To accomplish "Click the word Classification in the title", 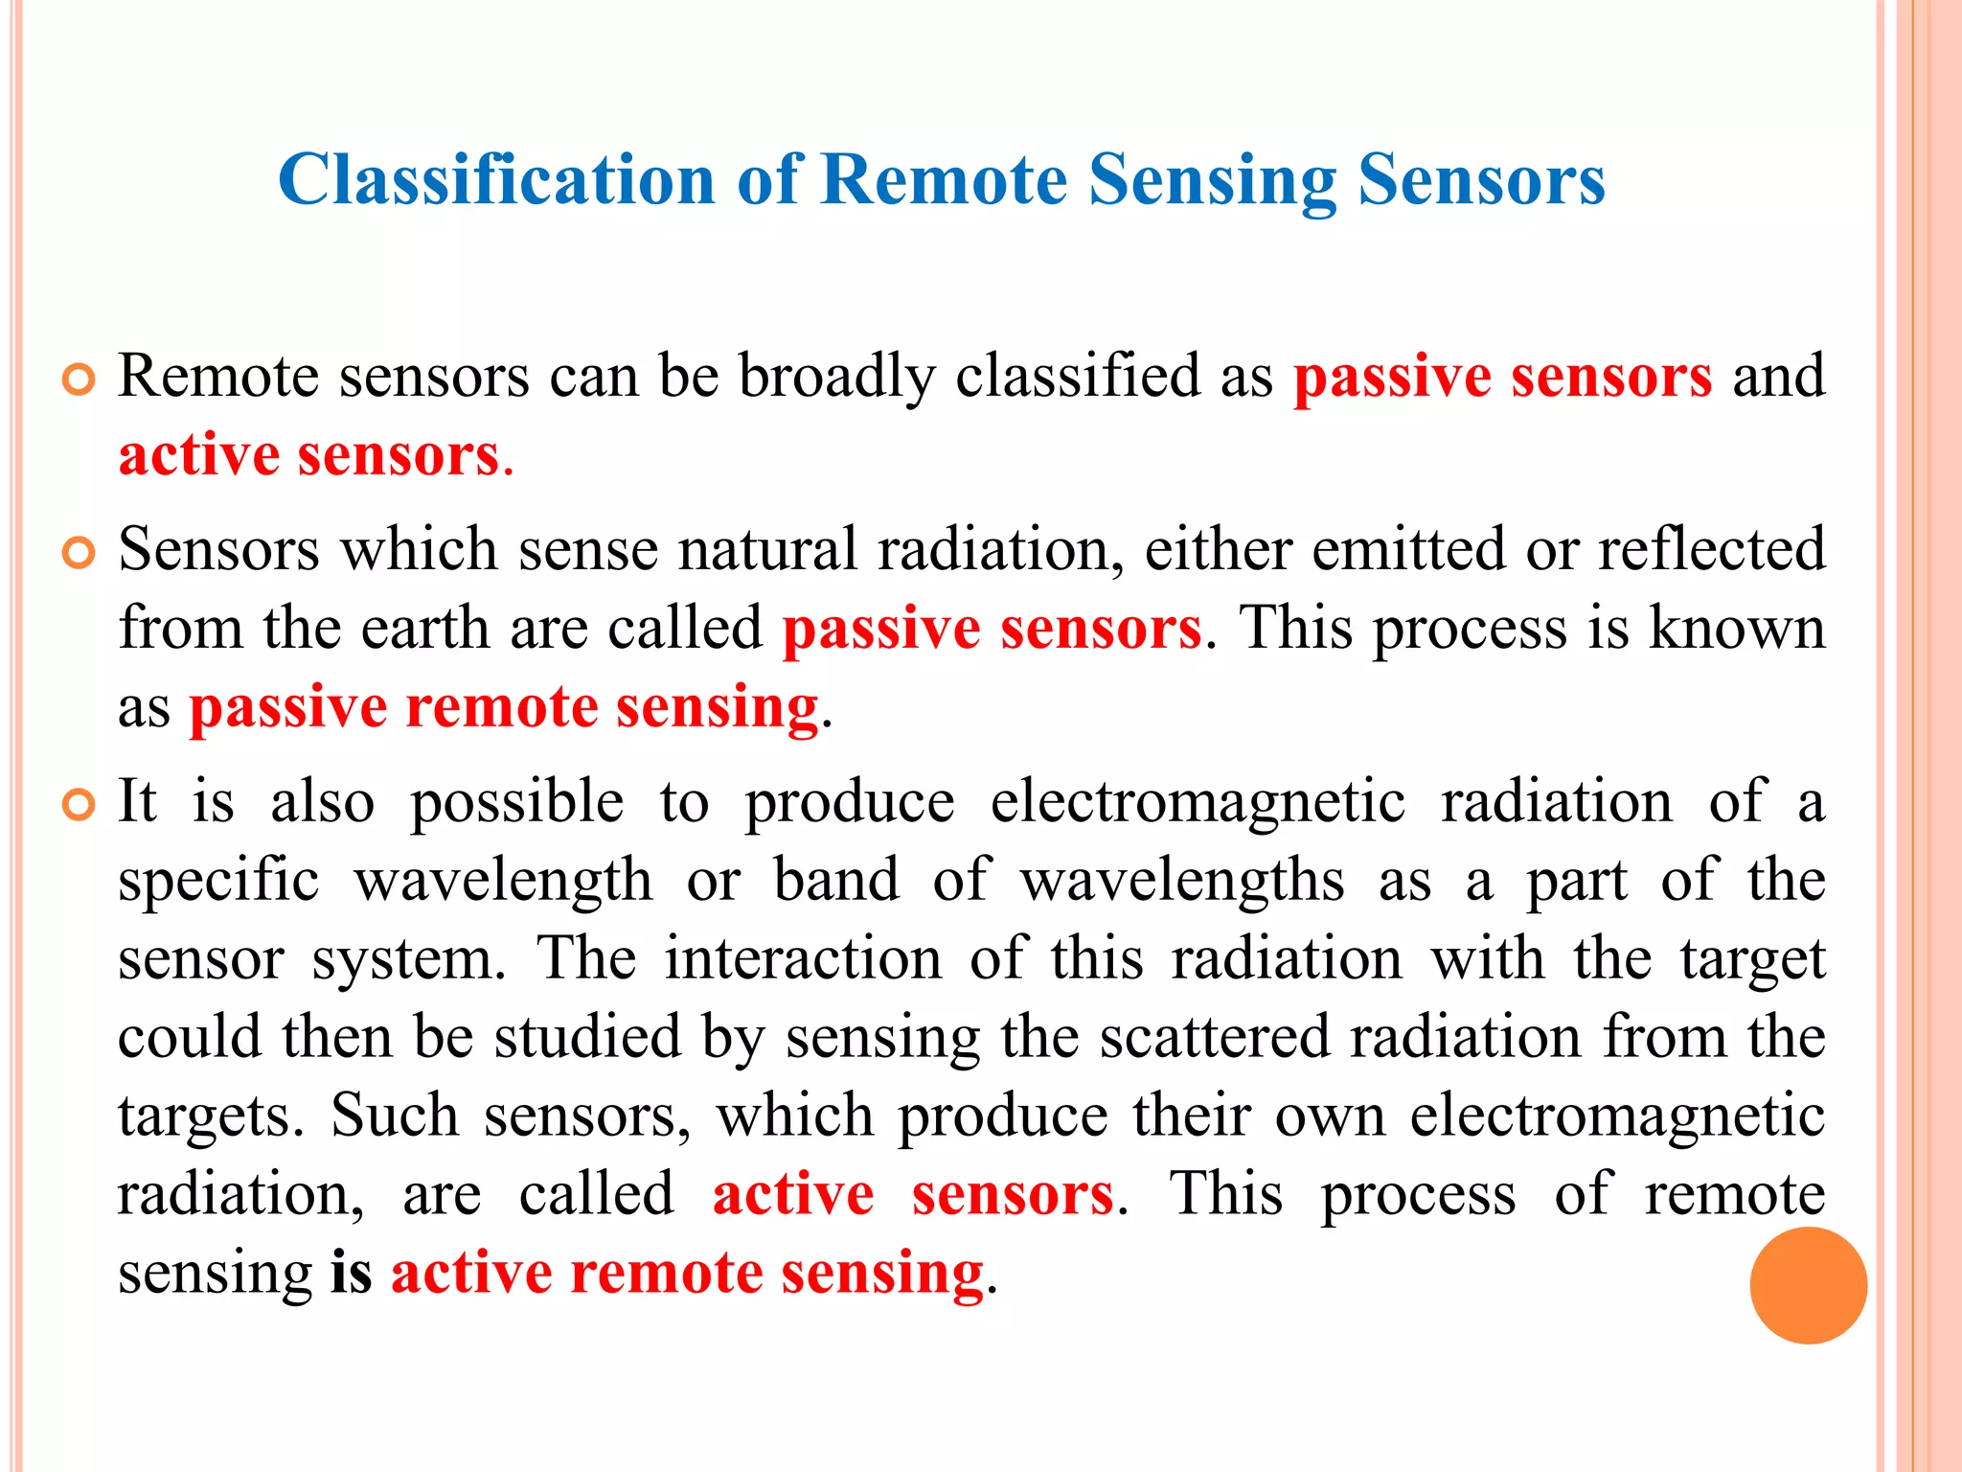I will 496,179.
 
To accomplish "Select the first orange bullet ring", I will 79,379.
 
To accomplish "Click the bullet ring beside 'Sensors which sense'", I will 79,553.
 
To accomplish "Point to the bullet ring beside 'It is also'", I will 79,805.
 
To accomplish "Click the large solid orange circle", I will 1808,1285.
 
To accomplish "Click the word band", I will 836,880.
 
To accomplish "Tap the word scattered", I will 1215,1037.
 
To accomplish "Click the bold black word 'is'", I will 351,1273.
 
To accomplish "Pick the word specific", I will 218,880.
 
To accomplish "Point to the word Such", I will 395,1115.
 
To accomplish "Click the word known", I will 1736,629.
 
